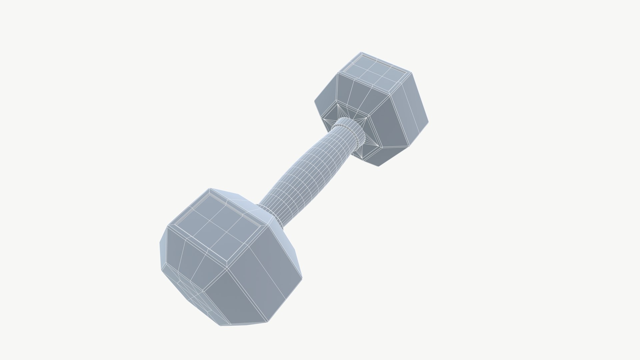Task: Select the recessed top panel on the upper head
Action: tap(375, 72)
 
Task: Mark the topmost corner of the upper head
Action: tap(361, 52)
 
